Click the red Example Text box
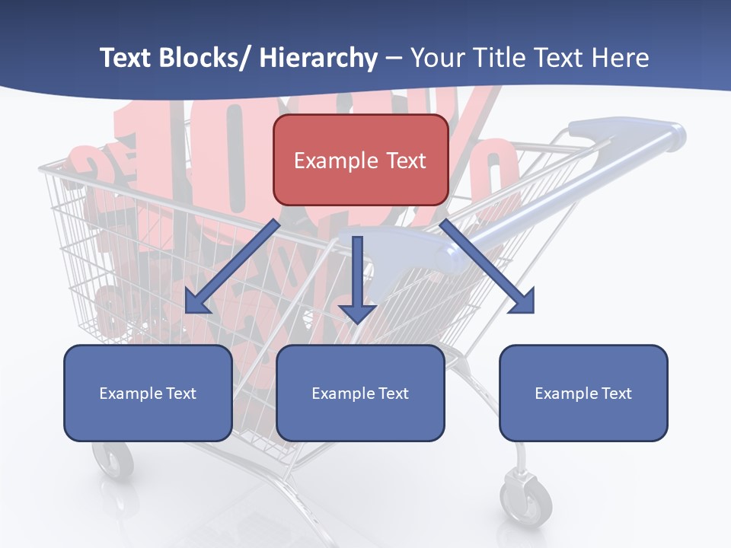(360, 160)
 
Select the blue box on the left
(148, 393)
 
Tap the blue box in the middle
(360, 393)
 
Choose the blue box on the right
(583, 393)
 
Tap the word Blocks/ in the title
(205, 59)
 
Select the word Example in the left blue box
(126, 393)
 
